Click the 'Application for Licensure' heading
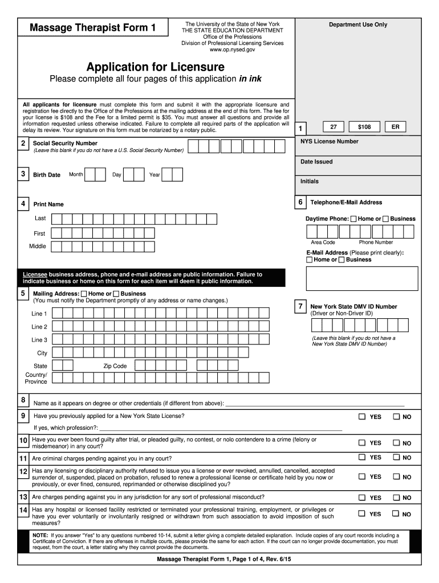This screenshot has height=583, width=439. pos(156,67)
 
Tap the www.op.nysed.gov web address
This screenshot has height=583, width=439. pos(232,50)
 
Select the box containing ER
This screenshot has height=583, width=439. pos(395,128)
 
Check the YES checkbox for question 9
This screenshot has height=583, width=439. pos(361,417)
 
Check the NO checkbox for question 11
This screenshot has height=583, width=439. pos(396,457)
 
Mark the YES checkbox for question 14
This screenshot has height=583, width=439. pos(361,514)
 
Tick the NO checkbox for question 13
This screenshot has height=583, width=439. pos(396,497)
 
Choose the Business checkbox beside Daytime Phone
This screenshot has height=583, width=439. pos(385,219)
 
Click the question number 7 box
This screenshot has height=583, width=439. pos(300,306)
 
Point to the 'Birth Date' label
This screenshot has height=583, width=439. pos(47,175)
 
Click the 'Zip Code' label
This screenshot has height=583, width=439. pos(115,366)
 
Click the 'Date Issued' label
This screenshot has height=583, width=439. pos(316,162)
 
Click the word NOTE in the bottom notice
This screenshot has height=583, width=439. pos(40,536)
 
